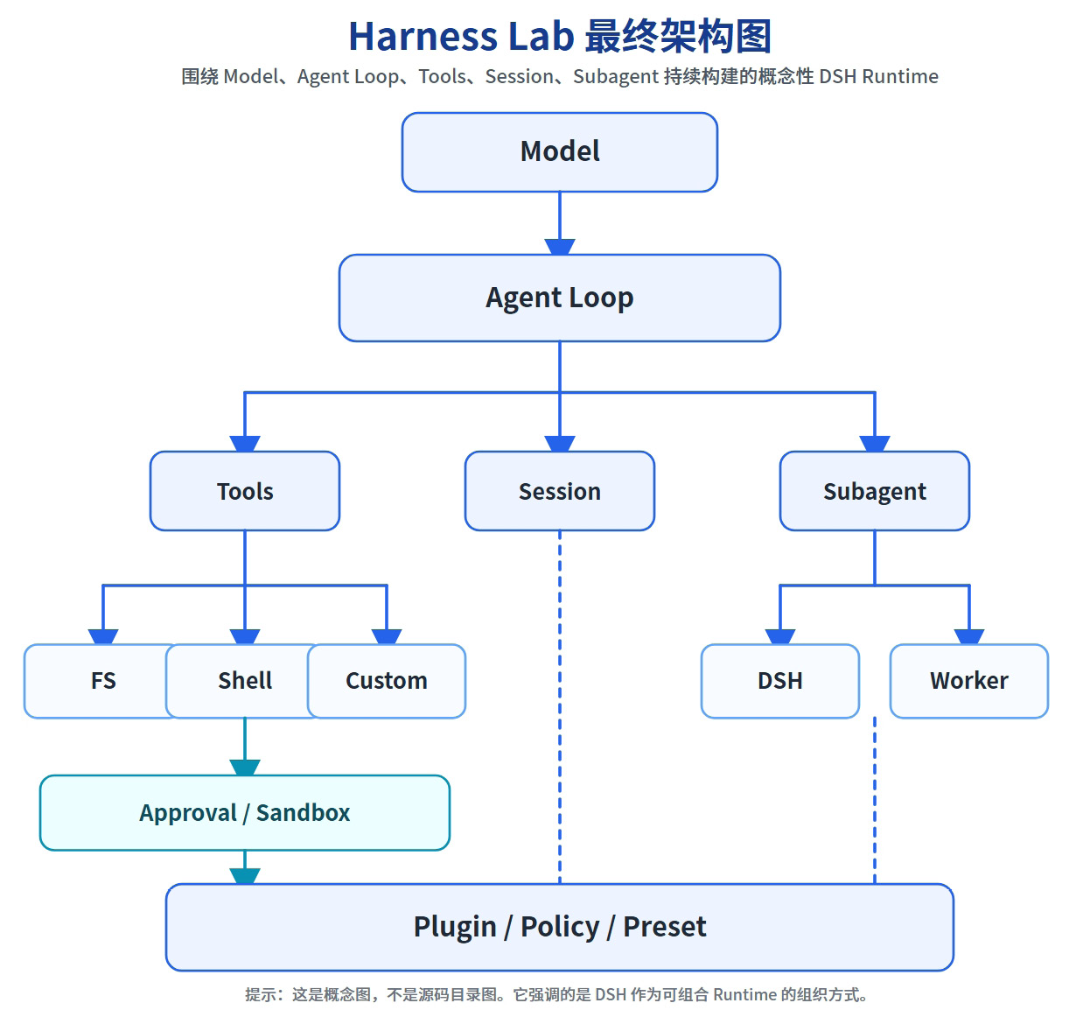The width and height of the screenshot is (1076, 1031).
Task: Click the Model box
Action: pyautogui.click(x=560, y=152)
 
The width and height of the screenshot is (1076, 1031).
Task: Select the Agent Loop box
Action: pyautogui.click(x=560, y=298)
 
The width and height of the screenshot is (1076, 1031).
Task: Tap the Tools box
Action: pyautogui.click(x=245, y=491)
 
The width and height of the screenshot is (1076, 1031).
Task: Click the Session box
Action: pyautogui.click(x=560, y=491)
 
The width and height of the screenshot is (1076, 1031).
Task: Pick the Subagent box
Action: pyautogui.click(x=875, y=491)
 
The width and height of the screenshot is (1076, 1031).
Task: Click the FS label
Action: pyautogui.click(x=103, y=681)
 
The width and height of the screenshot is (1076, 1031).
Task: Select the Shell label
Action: pyautogui.click(x=245, y=681)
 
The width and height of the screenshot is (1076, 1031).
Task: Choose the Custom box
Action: pyautogui.click(x=387, y=681)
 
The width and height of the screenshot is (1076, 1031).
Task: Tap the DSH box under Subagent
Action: pyautogui.click(x=780, y=681)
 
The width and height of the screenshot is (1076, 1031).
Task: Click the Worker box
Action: pyautogui.click(x=969, y=681)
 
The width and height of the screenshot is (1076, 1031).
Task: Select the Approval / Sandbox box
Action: pyautogui.click(x=245, y=812)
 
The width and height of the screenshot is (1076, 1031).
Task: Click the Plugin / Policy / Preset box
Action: pyautogui.click(x=560, y=927)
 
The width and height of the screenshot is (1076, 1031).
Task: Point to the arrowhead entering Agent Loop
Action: pyautogui.click(x=560, y=247)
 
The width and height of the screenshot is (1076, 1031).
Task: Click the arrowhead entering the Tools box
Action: pyautogui.click(x=245, y=444)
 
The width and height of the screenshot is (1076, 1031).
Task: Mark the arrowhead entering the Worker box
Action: pyautogui.click(x=969, y=636)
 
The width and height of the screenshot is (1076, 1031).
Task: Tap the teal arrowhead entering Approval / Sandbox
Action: pyautogui.click(x=245, y=768)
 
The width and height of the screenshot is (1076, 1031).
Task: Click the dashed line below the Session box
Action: pyautogui.click(x=560, y=707)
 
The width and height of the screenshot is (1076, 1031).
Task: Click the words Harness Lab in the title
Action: pyautogui.click(x=462, y=37)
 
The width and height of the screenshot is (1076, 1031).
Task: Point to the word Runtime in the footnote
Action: pyautogui.click(x=745, y=994)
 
